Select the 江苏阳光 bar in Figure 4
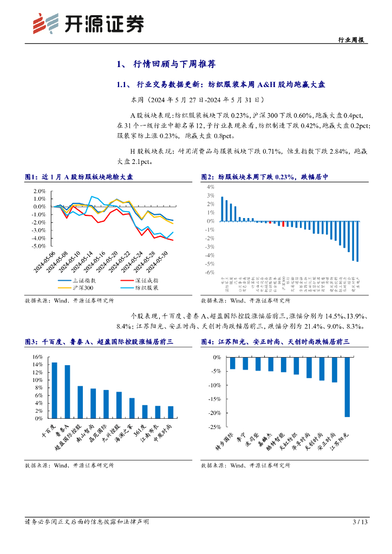tap(347, 387)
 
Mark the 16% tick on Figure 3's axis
tap(38, 357)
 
